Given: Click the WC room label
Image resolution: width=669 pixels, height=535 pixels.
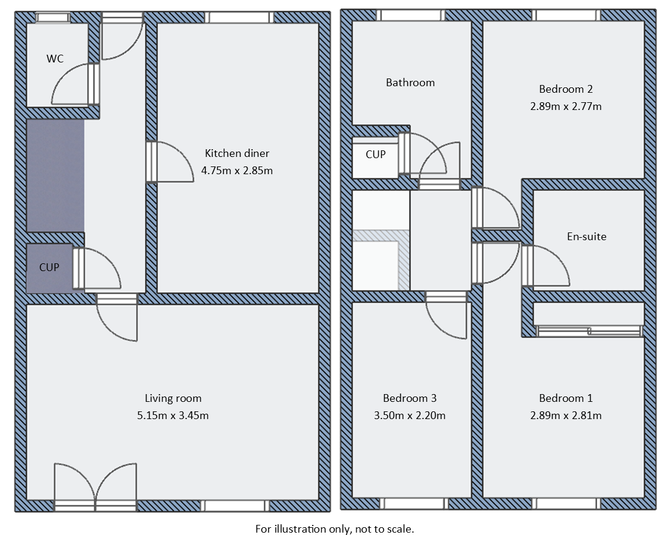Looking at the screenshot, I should pyautogui.click(x=55, y=59).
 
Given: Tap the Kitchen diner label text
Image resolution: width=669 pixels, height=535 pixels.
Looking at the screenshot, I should pyautogui.click(x=237, y=153).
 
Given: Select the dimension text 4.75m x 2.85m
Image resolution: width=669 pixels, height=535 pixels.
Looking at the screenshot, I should pyautogui.click(x=237, y=171).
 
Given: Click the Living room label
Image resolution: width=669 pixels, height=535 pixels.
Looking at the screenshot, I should pyautogui.click(x=173, y=398).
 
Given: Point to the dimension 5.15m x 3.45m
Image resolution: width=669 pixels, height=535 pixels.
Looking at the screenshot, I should pyautogui.click(x=173, y=416).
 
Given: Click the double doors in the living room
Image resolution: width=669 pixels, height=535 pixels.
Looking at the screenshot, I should pyautogui.click(x=96, y=484).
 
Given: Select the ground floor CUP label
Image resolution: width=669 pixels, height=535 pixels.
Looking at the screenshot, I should pyautogui.click(x=49, y=267).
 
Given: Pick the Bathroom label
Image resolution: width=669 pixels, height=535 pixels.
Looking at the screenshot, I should pyautogui.click(x=410, y=83).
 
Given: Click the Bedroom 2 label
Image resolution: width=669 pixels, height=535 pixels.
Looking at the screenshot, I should pyautogui.click(x=566, y=89).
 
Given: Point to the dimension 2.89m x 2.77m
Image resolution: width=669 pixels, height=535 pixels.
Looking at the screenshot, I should pyautogui.click(x=566, y=106).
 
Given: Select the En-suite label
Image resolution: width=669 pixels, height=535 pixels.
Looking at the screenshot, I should pyautogui.click(x=586, y=237).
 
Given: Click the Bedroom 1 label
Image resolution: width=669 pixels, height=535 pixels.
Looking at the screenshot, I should pyautogui.click(x=566, y=398).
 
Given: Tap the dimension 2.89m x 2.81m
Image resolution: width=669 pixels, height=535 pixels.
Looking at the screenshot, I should pyautogui.click(x=566, y=416).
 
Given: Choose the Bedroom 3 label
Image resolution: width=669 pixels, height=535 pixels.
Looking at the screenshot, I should pyautogui.click(x=410, y=398).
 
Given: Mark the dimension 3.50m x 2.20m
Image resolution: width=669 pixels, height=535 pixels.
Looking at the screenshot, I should pyautogui.click(x=410, y=416).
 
